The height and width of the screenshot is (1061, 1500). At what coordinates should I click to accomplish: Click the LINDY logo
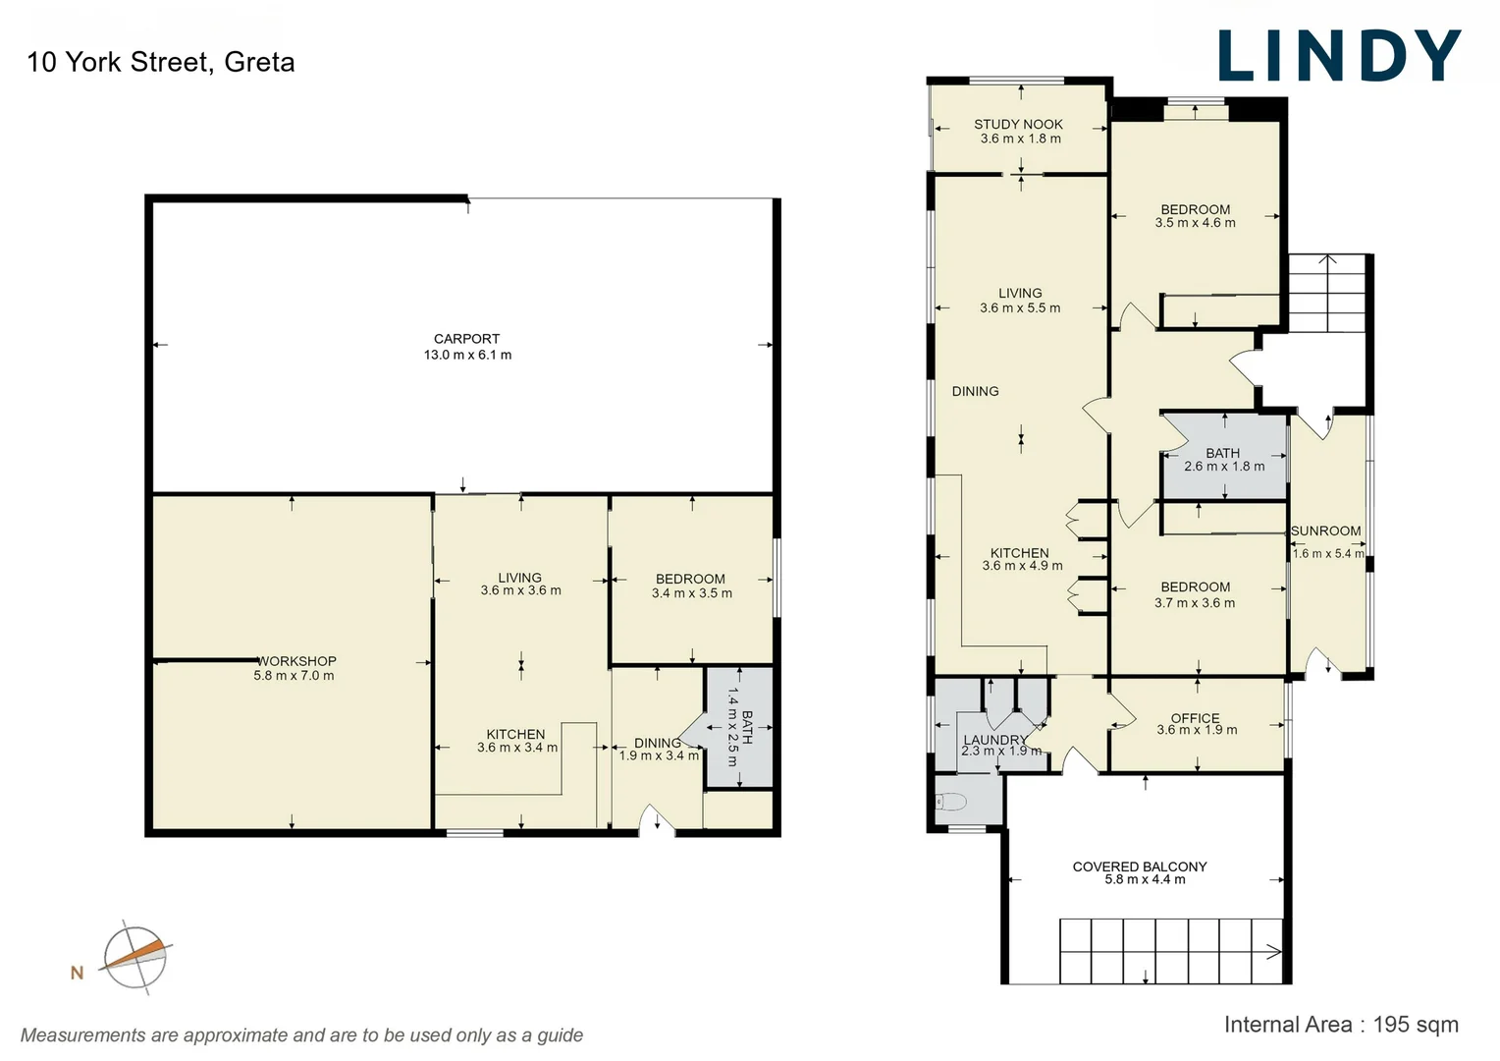point(1339,56)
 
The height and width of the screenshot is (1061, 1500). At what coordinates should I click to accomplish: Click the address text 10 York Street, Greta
point(161,62)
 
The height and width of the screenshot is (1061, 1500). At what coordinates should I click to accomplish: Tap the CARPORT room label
point(467,339)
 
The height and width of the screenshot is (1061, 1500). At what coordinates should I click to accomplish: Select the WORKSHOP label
point(296,661)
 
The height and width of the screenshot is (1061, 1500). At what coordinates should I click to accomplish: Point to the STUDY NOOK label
point(1018,124)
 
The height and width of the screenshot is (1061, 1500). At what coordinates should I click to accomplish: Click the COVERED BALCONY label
point(1140,866)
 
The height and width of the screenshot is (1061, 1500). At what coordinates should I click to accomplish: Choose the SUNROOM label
point(1325,530)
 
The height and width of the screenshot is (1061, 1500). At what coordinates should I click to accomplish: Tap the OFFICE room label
point(1195,718)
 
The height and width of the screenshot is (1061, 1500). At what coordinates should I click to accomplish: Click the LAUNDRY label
point(994,740)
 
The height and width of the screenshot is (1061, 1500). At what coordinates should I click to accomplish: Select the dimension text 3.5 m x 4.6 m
point(1195,224)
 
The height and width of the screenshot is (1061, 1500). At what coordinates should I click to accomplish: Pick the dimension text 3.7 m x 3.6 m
point(1195,603)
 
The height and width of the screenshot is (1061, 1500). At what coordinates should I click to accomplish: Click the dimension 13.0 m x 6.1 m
point(467,355)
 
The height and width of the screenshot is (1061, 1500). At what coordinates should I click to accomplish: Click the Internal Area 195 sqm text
point(1340,1025)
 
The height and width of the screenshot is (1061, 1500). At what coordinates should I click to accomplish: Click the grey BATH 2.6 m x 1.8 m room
point(1223,460)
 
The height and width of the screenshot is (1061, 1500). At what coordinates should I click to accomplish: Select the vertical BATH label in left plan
point(746,727)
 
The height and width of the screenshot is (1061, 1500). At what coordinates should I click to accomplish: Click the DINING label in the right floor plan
point(975,391)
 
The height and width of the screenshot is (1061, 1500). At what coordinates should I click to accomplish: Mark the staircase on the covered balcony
point(1170,951)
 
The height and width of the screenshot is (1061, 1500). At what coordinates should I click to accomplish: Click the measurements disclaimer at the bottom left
point(301,1035)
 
